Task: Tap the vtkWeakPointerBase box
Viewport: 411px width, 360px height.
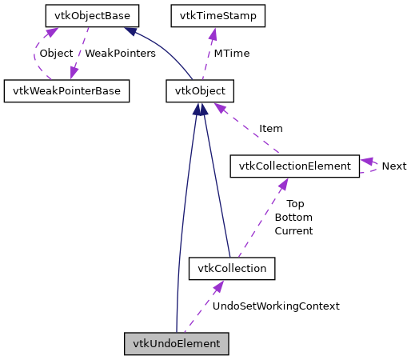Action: (67, 90)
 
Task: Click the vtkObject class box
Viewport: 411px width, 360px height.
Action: (200, 90)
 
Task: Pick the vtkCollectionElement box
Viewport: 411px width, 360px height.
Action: (295, 166)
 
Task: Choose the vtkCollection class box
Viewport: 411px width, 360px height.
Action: (232, 268)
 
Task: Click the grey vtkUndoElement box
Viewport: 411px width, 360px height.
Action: (177, 343)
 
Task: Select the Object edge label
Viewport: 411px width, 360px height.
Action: (56, 53)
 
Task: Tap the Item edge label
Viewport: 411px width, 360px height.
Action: (270, 128)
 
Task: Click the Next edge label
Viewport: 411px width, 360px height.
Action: (393, 166)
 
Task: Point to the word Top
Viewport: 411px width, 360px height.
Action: (295, 203)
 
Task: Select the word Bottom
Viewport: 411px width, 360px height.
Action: (293, 217)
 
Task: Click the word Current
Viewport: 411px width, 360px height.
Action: (293, 230)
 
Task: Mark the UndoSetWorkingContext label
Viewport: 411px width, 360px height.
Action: (275, 306)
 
